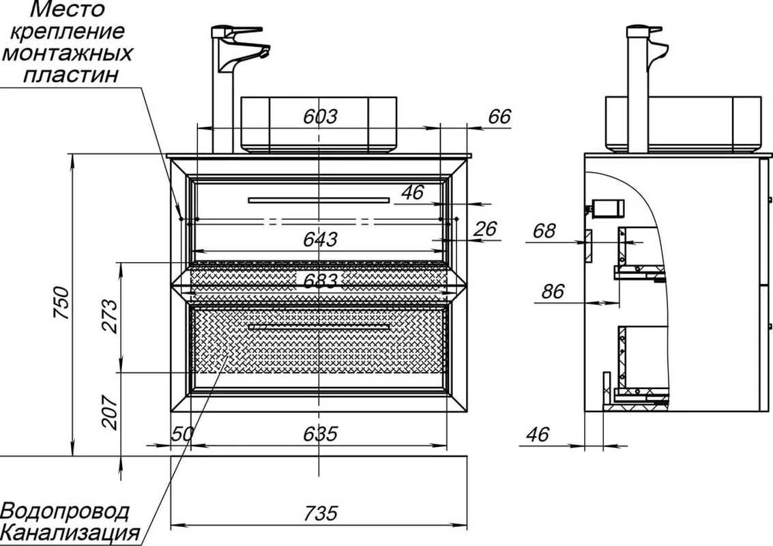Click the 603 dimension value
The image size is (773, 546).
[320, 117]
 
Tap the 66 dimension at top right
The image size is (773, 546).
[499, 117]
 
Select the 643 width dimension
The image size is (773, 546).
[320, 240]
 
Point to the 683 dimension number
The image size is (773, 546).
[320, 281]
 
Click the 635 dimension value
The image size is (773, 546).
[320, 434]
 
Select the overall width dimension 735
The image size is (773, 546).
[320, 513]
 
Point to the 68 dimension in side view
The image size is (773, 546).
[544, 231]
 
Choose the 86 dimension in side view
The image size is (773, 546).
[553, 291]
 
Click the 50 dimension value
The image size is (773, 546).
[180, 434]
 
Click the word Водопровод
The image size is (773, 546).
[65, 511]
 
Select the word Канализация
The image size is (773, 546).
[70, 532]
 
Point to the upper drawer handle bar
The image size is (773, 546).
[318, 200]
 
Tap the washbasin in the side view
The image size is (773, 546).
[682, 123]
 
